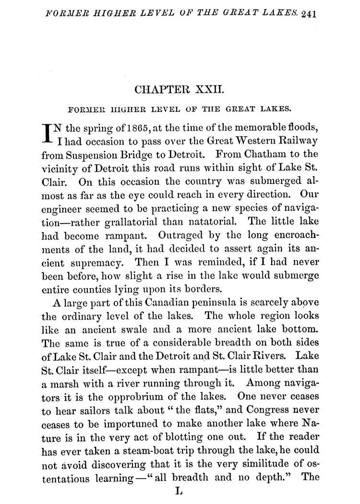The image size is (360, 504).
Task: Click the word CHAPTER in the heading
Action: [165, 90]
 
